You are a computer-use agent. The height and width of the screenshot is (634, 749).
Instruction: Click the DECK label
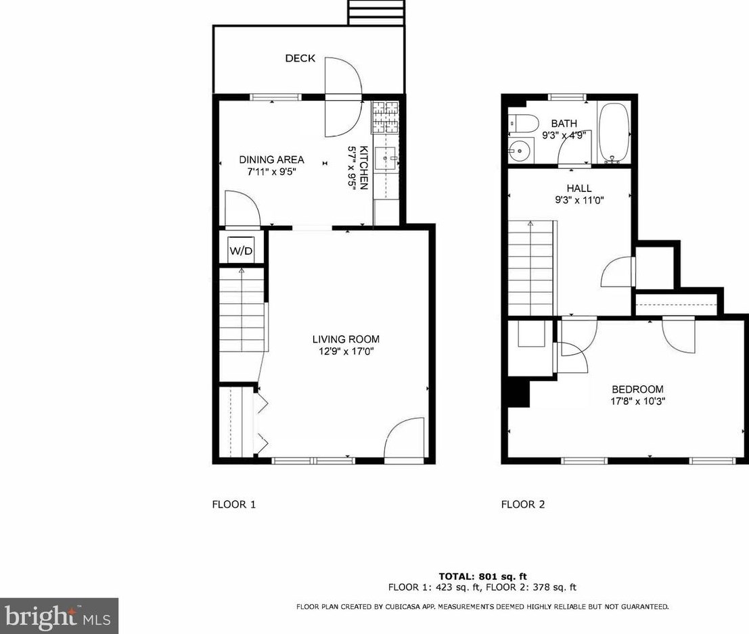click(300, 59)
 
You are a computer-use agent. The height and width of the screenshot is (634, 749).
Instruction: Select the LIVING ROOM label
click(345, 339)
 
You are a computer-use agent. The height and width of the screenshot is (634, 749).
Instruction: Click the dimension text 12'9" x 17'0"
click(345, 351)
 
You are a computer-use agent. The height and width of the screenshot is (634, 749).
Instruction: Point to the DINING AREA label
click(271, 160)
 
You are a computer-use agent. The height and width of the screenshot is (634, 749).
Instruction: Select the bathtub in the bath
click(614, 133)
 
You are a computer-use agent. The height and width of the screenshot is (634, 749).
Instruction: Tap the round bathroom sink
click(520, 150)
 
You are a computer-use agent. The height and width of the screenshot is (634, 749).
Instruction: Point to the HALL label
click(579, 189)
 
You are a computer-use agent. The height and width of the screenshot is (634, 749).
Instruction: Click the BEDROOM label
click(637, 389)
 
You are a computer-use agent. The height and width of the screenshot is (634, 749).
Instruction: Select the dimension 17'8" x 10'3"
click(637, 401)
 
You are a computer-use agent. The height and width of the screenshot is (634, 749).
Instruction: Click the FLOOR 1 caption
click(234, 504)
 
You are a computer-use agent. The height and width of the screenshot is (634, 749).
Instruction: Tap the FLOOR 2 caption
click(522, 504)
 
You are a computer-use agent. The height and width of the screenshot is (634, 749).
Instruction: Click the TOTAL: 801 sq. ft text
click(482, 576)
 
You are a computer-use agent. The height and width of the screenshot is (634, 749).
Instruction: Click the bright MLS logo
click(60, 616)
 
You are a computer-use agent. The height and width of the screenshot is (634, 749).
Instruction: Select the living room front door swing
click(405, 439)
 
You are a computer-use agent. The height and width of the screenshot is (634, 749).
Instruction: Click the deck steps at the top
click(376, 12)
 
